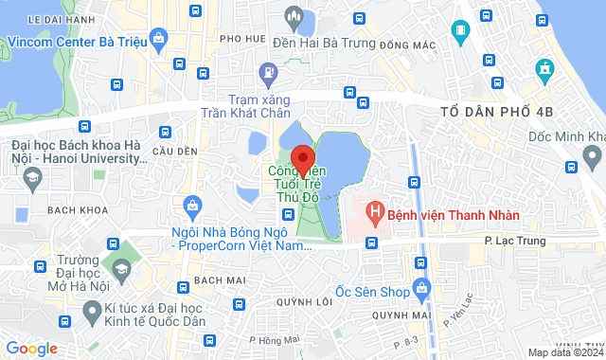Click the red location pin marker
point(302,158)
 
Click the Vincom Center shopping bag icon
point(158,41)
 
